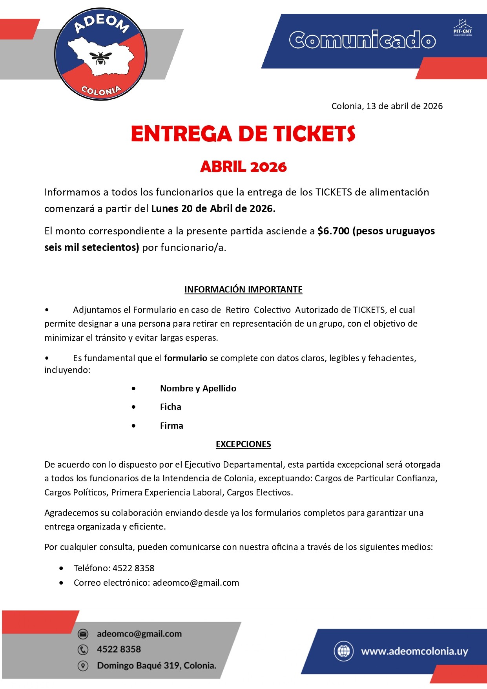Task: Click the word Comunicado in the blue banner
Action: coord(362,40)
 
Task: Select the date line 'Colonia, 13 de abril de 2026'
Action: coord(387,106)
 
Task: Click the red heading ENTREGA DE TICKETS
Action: coord(243,134)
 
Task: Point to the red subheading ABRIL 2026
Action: coord(243,167)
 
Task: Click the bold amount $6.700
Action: coord(333,231)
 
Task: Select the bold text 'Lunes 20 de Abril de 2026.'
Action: coord(213,208)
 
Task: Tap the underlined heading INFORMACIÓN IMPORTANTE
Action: coord(243,289)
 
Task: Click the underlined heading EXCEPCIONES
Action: coord(243,444)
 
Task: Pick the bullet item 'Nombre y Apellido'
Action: coord(198,388)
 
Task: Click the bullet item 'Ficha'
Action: coord(170,407)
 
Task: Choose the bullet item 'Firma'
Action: coord(171,426)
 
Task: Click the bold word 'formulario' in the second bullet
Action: coord(185,358)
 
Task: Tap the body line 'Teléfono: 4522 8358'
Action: coord(114,568)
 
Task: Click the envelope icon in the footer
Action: coord(83,634)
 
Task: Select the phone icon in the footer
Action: coord(83,650)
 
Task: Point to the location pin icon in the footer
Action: coord(83,666)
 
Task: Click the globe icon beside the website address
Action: coord(343,651)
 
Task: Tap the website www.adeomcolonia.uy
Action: coord(414,651)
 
